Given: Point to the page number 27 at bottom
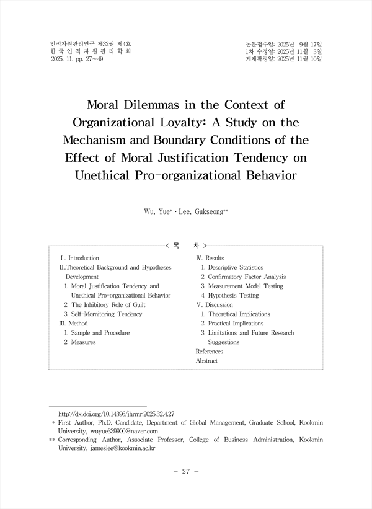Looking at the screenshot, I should pos(185,471).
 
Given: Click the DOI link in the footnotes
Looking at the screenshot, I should pos(115,412).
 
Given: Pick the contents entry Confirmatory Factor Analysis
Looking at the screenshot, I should pos(247,277).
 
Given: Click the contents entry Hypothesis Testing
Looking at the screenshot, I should pos(234,296).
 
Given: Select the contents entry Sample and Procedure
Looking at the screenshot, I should pos(100,333).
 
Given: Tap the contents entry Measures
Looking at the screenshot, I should pos(83,342).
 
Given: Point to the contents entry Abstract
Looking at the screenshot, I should pos(206,360).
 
